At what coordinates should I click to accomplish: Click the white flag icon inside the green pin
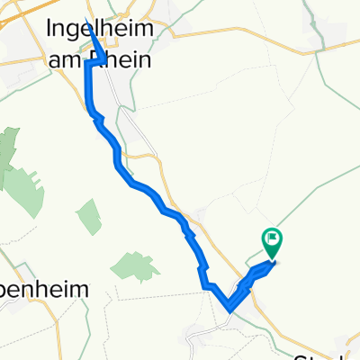272,239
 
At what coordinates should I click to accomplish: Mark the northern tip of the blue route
86,20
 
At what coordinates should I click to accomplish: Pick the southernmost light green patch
130,266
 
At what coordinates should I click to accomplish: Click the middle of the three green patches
90,216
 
